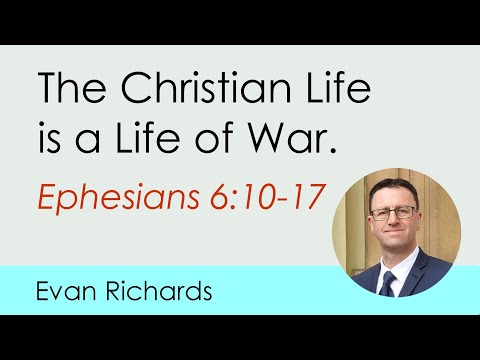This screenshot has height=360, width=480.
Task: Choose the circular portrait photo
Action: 396,236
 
